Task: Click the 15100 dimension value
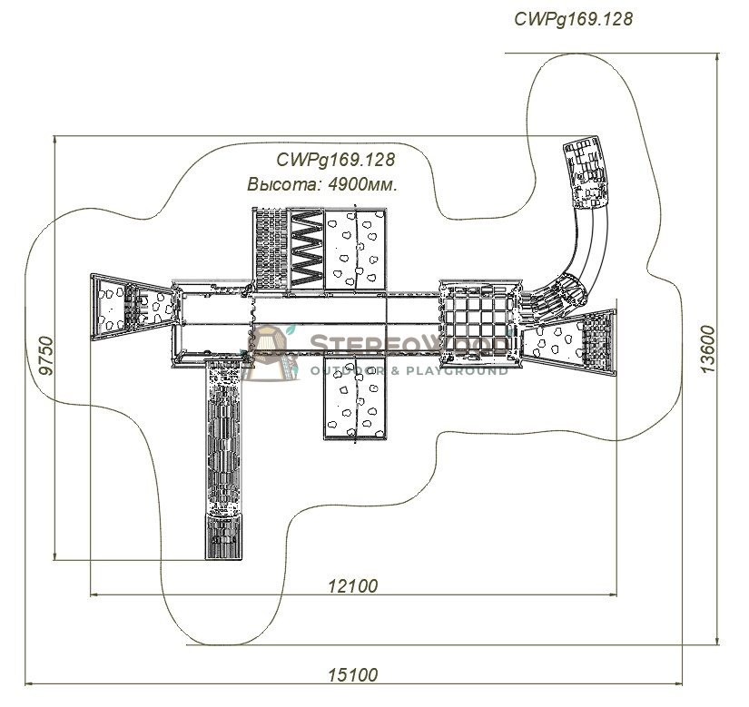pos(352,675)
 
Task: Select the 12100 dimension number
pos(352,585)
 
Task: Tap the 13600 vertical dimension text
pos(708,350)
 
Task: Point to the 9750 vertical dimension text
pos(46,356)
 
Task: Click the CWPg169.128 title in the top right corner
pos(573,19)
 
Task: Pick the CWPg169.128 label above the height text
pos(336,160)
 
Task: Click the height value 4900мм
pos(363,184)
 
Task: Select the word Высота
pos(283,184)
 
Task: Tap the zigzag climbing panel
pos(307,249)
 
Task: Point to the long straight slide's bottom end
pos(224,536)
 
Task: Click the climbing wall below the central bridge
pos(354,398)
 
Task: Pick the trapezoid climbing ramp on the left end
pos(132,307)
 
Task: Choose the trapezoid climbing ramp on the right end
pos(568,341)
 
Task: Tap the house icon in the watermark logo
pos(270,352)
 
